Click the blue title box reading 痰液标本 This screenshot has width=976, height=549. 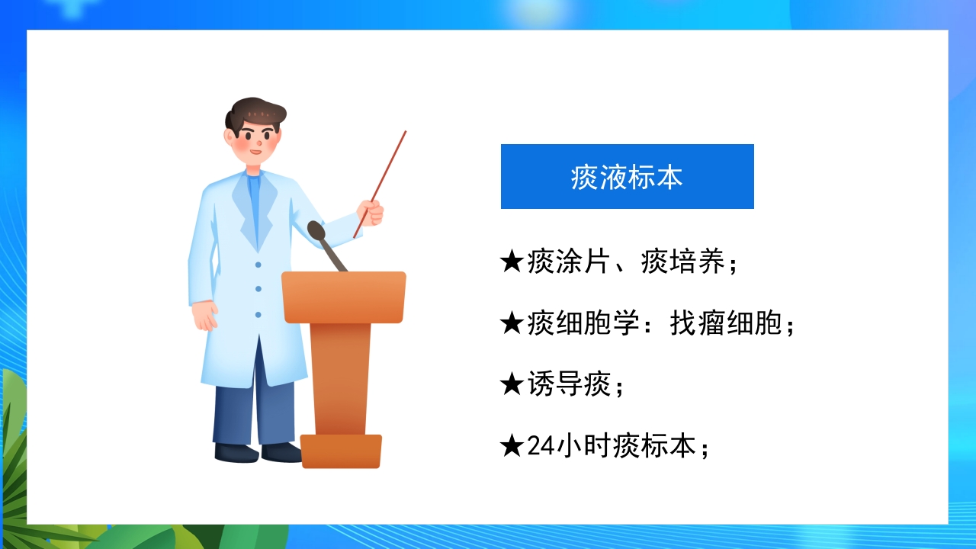627,176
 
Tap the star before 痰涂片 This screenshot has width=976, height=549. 511,262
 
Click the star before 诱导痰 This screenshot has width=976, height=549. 511,384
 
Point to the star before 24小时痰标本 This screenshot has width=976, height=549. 511,445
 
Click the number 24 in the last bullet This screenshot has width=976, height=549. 540,445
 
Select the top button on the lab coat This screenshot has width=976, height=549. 258,265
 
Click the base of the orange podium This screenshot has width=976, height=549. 341,451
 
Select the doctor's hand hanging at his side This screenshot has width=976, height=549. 204,315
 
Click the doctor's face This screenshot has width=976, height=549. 256,143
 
